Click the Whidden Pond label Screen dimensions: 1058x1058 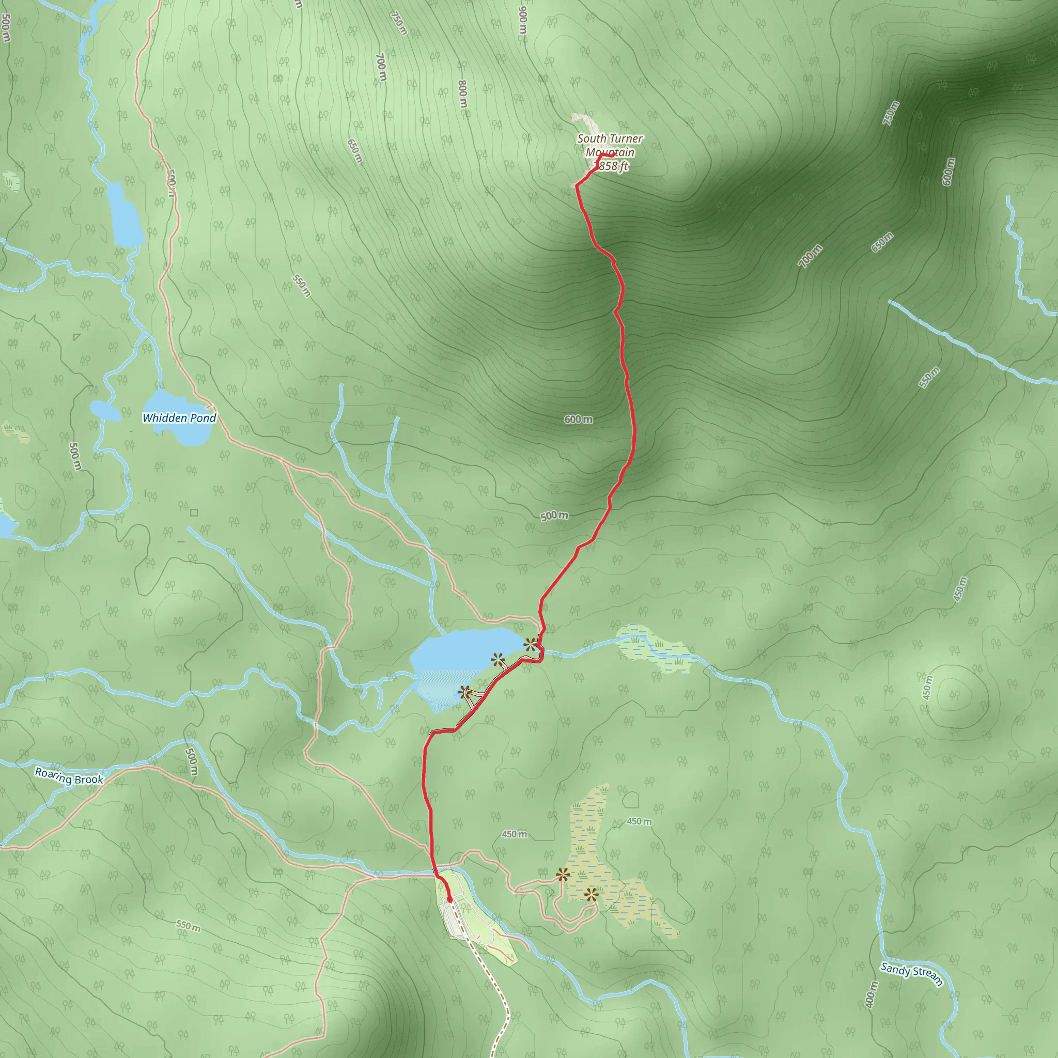pyautogui.click(x=179, y=418)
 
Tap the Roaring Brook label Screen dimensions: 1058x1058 pyautogui.click(x=69, y=776)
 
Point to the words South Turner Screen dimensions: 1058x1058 pyautogui.click(x=610, y=139)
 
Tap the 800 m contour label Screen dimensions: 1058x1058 pyautogui.click(x=462, y=94)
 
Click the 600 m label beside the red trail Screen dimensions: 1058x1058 pyautogui.click(x=578, y=419)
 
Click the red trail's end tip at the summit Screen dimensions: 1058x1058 pyautogui.click(x=611, y=155)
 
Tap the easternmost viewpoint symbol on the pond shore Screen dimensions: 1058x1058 pyautogui.click(x=530, y=645)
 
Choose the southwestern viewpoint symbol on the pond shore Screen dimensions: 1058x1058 pyautogui.click(x=465, y=692)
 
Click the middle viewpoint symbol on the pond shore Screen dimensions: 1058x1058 pyautogui.click(x=497, y=659)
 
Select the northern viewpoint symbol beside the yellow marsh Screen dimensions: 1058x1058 pyautogui.click(x=563, y=874)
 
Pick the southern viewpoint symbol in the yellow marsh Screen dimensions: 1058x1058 pyautogui.click(x=590, y=895)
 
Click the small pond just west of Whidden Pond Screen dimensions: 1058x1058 pyautogui.click(x=104, y=410)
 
